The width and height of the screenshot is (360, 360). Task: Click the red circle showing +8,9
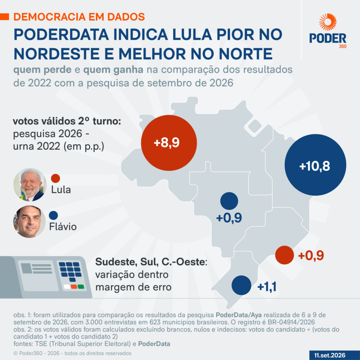(169, 143)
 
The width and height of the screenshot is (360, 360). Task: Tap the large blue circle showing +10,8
(315, 165)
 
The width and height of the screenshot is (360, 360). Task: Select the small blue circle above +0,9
(229, 201)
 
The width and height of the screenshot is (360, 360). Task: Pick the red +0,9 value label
(311, 255)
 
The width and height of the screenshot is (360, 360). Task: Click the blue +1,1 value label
(267, 287)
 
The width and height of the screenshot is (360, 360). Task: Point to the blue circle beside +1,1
(241, 285)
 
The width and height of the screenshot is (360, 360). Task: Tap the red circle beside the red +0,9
(284, 255)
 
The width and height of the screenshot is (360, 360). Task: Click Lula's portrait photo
(30, 185)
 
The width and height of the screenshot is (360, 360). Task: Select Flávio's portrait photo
(29, 221)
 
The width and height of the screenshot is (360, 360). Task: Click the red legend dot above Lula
(55, 178)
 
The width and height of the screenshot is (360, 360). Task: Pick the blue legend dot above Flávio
(53, 216)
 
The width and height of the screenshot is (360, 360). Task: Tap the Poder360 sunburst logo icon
(328, 22)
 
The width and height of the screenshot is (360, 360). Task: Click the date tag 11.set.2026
(330, 355)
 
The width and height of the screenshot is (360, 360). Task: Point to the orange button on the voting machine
(74, 287)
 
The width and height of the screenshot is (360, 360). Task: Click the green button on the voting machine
(81, 287)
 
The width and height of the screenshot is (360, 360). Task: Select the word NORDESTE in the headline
(57, 54)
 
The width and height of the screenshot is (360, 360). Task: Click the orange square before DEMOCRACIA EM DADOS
(4, 17)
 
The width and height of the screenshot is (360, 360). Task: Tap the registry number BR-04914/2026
(291, 322)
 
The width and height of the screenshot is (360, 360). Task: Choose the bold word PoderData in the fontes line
(154, 344)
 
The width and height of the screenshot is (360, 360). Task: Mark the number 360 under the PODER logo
(342, 46)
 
